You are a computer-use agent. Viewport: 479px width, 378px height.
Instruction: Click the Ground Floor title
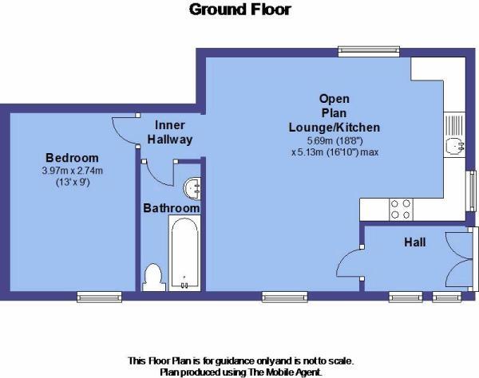(239, 10)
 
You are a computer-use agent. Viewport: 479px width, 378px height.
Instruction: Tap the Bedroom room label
(72, 157)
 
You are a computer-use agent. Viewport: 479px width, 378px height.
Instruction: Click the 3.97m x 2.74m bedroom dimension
(72, 170)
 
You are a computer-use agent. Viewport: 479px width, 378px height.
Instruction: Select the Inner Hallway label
(170, 132)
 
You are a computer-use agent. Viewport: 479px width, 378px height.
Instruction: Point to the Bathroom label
(171, 208)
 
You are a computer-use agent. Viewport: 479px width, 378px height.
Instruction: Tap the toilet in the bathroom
(153, 276)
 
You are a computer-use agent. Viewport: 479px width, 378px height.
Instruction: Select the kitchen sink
(454, 146)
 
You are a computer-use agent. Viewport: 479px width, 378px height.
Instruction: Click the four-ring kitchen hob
(401, 209)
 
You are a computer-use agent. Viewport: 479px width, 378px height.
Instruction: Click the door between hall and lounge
(351, 263)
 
